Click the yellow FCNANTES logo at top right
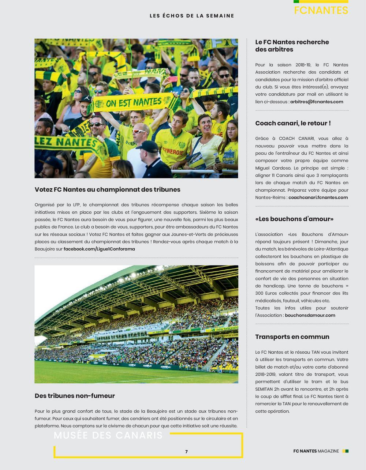coord(321,10)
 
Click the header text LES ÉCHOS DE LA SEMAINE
coord(192,16)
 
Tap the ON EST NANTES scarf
coord(134,102)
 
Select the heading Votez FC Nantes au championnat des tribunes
coord(108,189)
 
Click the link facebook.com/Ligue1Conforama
coord(99,249)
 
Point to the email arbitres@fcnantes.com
coord(317,102)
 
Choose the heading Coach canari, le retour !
coord(293,123)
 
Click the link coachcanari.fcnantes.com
coord(318,198)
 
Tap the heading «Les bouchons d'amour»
coord(294,219)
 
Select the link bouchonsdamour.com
coord(310,315)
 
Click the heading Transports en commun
coord(292,337)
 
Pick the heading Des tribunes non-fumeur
coord(75,396)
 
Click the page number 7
coord(186,452)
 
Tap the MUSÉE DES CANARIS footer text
coord(108,435)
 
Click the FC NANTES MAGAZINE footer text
coord(316,451)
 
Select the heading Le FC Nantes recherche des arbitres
coord(292,46)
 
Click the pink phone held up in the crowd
coord(173,79)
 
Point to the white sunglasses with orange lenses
coord(140,131)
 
